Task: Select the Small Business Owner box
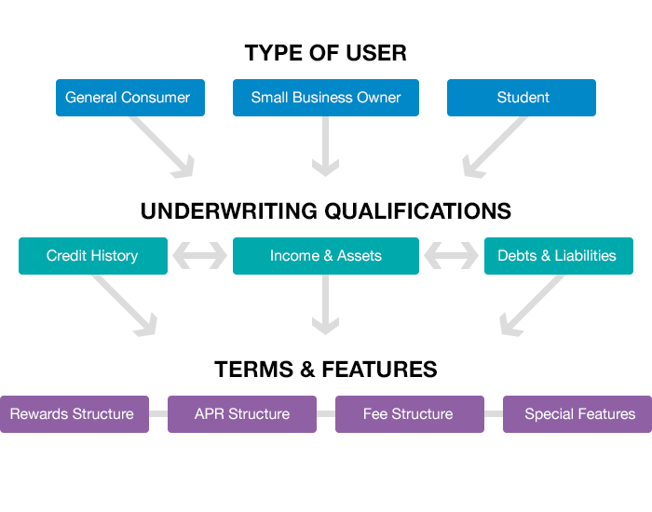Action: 325,98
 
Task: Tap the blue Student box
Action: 521,98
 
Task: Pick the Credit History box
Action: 92,256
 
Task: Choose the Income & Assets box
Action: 325,256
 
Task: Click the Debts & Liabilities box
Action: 558,256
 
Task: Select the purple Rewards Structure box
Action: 73,414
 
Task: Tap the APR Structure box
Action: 241,414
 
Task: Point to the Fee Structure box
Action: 409,414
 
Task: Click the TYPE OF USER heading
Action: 325,53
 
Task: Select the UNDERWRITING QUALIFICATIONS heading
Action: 325,211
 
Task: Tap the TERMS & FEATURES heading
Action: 325,370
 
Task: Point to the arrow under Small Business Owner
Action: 325,149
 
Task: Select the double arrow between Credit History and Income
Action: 199,256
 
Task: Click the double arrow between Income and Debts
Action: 452,256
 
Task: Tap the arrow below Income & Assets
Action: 325,307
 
